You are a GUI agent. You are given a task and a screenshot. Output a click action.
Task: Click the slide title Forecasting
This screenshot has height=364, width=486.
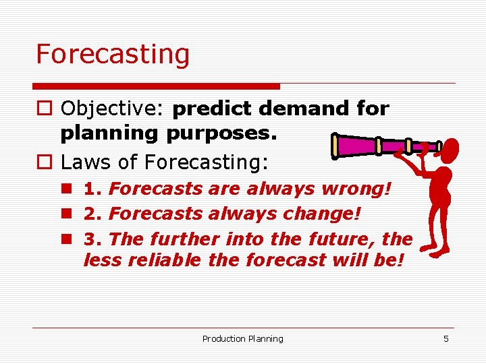click(x=113, y=55)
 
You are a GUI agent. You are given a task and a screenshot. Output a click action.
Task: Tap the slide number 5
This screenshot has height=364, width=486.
click(x=446, y=338)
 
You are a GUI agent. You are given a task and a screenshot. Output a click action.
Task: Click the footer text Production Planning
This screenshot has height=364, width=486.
click(x=243, y=338)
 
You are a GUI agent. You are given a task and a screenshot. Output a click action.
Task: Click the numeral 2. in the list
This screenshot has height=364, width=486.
click(x=93, y=214)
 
